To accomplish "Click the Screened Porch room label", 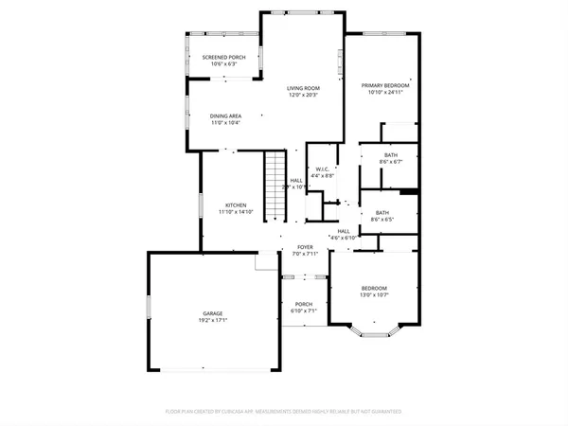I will click(223, 57).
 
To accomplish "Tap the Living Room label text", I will click(304, 88).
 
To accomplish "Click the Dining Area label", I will click(225, 115).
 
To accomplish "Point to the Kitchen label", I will click(235, 205).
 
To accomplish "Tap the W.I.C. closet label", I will click(322, 169).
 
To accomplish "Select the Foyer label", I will click(305, 247).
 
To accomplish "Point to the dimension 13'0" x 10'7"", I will click(374, 294).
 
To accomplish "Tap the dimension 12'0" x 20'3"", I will click(304, 95).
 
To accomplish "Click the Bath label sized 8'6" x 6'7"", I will click(391, 154).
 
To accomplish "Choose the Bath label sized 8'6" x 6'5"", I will click(382, 213).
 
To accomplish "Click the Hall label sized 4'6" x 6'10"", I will click(343, 231).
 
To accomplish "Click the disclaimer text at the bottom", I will click(284, 412).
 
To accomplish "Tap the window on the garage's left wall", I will click(148, 308).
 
